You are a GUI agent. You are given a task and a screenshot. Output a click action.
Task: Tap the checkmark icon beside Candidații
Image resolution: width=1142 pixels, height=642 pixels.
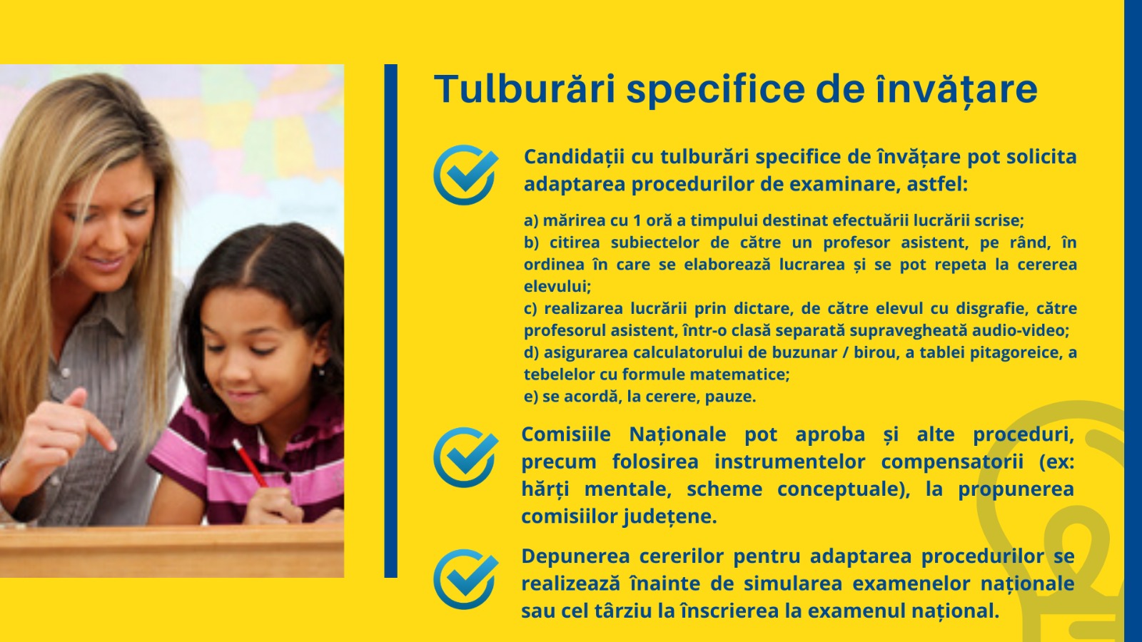pyautogui.click(x=465, y=174)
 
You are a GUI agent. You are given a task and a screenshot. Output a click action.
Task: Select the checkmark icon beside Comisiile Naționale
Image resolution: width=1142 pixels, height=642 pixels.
pyautogui.click(x=465, y=457)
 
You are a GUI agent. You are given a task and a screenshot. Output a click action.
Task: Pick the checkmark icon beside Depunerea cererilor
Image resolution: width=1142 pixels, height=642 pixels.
pyautogui.click(x=465, y=579)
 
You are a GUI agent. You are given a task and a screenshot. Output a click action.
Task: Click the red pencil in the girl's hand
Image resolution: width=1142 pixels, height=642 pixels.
pyautogui.click(x=250, y=463)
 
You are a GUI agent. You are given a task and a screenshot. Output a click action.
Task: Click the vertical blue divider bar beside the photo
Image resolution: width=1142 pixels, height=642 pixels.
pyautogui.click(x=390, y=321)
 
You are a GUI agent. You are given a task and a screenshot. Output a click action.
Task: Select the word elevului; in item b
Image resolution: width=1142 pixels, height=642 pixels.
pyautogui.click(x=557, y=286)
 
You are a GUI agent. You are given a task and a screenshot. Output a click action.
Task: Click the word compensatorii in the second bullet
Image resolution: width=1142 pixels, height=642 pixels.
pyautogui.click(x=952, y=462)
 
